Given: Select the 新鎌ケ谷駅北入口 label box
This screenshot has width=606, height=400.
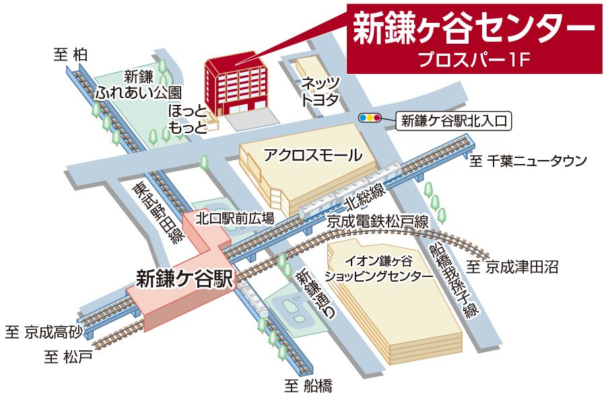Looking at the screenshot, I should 452,121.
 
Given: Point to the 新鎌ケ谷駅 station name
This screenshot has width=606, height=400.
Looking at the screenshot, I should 184,278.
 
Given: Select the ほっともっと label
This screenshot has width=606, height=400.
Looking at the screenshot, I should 187,119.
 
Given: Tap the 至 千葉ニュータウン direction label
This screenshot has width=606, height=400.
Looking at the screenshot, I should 528,161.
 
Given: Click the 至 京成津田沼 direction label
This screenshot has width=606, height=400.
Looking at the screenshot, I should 513,267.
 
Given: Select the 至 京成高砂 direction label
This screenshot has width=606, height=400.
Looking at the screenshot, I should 44,331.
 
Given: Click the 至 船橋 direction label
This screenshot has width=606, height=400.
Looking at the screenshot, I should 308,386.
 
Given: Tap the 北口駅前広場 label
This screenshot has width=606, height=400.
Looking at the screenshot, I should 235,218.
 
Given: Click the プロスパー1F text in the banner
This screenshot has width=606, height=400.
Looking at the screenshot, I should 475,58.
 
